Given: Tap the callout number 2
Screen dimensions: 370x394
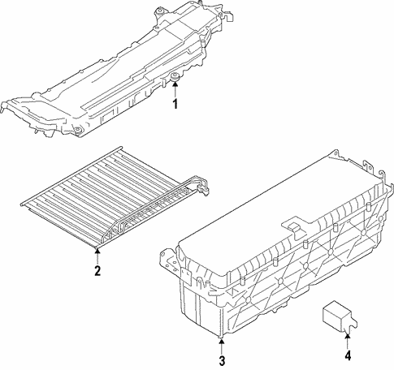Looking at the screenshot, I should click(x=97, y=271).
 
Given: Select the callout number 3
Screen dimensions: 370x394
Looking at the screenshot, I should click(x=220, y=359).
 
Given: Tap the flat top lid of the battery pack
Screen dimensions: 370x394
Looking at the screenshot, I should click(x=260, y=219).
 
